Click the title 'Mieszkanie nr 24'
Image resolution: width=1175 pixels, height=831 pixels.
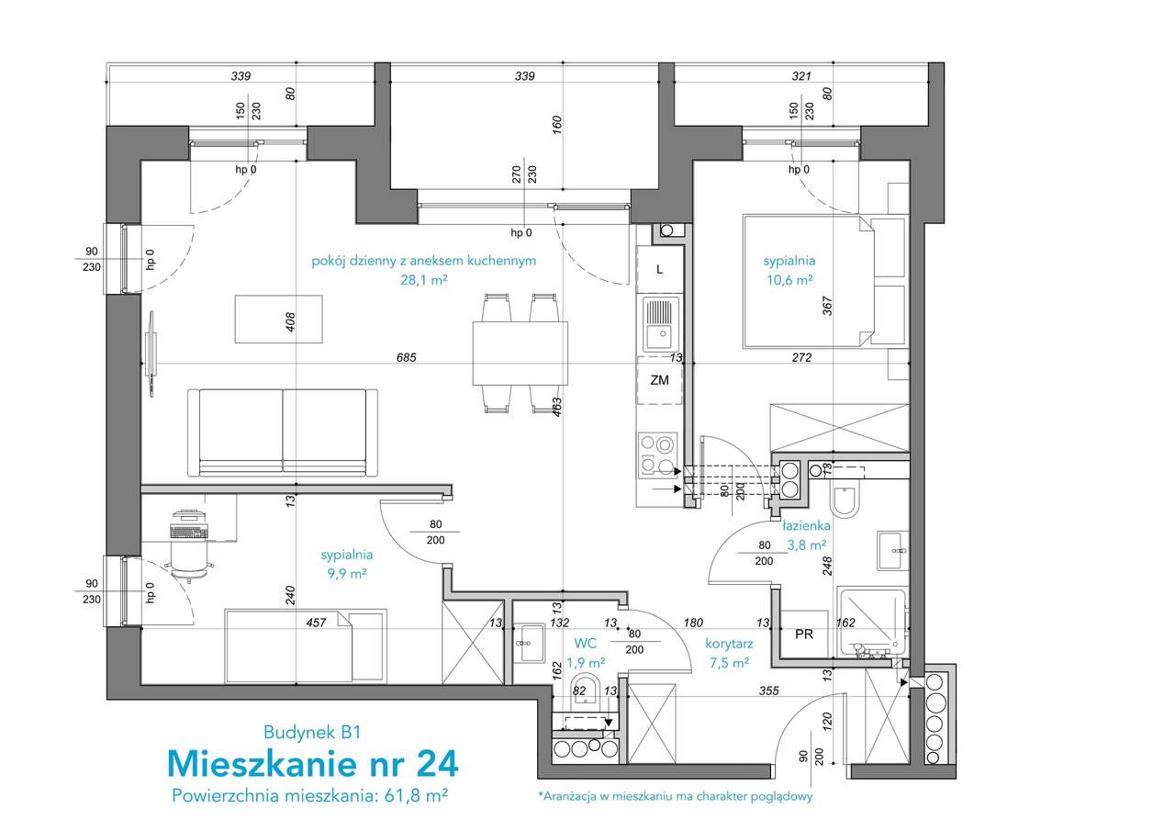pos(313,764)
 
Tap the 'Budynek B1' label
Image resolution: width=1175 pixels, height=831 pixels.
pos(313,733)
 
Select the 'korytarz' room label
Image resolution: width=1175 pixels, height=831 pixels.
pos(729,645)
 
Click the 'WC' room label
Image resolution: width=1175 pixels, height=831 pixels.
pos(586,643)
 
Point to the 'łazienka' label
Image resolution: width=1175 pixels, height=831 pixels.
pos(806,525)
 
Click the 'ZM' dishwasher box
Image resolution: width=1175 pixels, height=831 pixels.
pos(660,380)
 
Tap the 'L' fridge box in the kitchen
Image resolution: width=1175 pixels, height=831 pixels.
pos(660,270)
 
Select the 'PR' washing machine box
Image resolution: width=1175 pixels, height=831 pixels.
pos(804,634)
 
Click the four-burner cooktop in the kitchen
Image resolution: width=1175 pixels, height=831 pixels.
pos(657,455)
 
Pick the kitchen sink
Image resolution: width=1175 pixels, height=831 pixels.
pos(661,324)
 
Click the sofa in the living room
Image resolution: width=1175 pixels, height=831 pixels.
pos(282,432)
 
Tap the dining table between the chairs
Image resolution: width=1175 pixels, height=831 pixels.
pos(520,354)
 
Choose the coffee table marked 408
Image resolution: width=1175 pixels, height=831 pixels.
pos(278,320)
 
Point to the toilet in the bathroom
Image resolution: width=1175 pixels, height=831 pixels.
pos(845,501)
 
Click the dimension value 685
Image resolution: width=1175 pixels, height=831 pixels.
pos(407,358)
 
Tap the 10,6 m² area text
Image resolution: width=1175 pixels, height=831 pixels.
pos(790,280)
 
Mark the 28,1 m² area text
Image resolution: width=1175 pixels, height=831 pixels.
pos(424,280)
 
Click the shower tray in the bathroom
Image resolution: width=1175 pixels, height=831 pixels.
pos(873,623)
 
